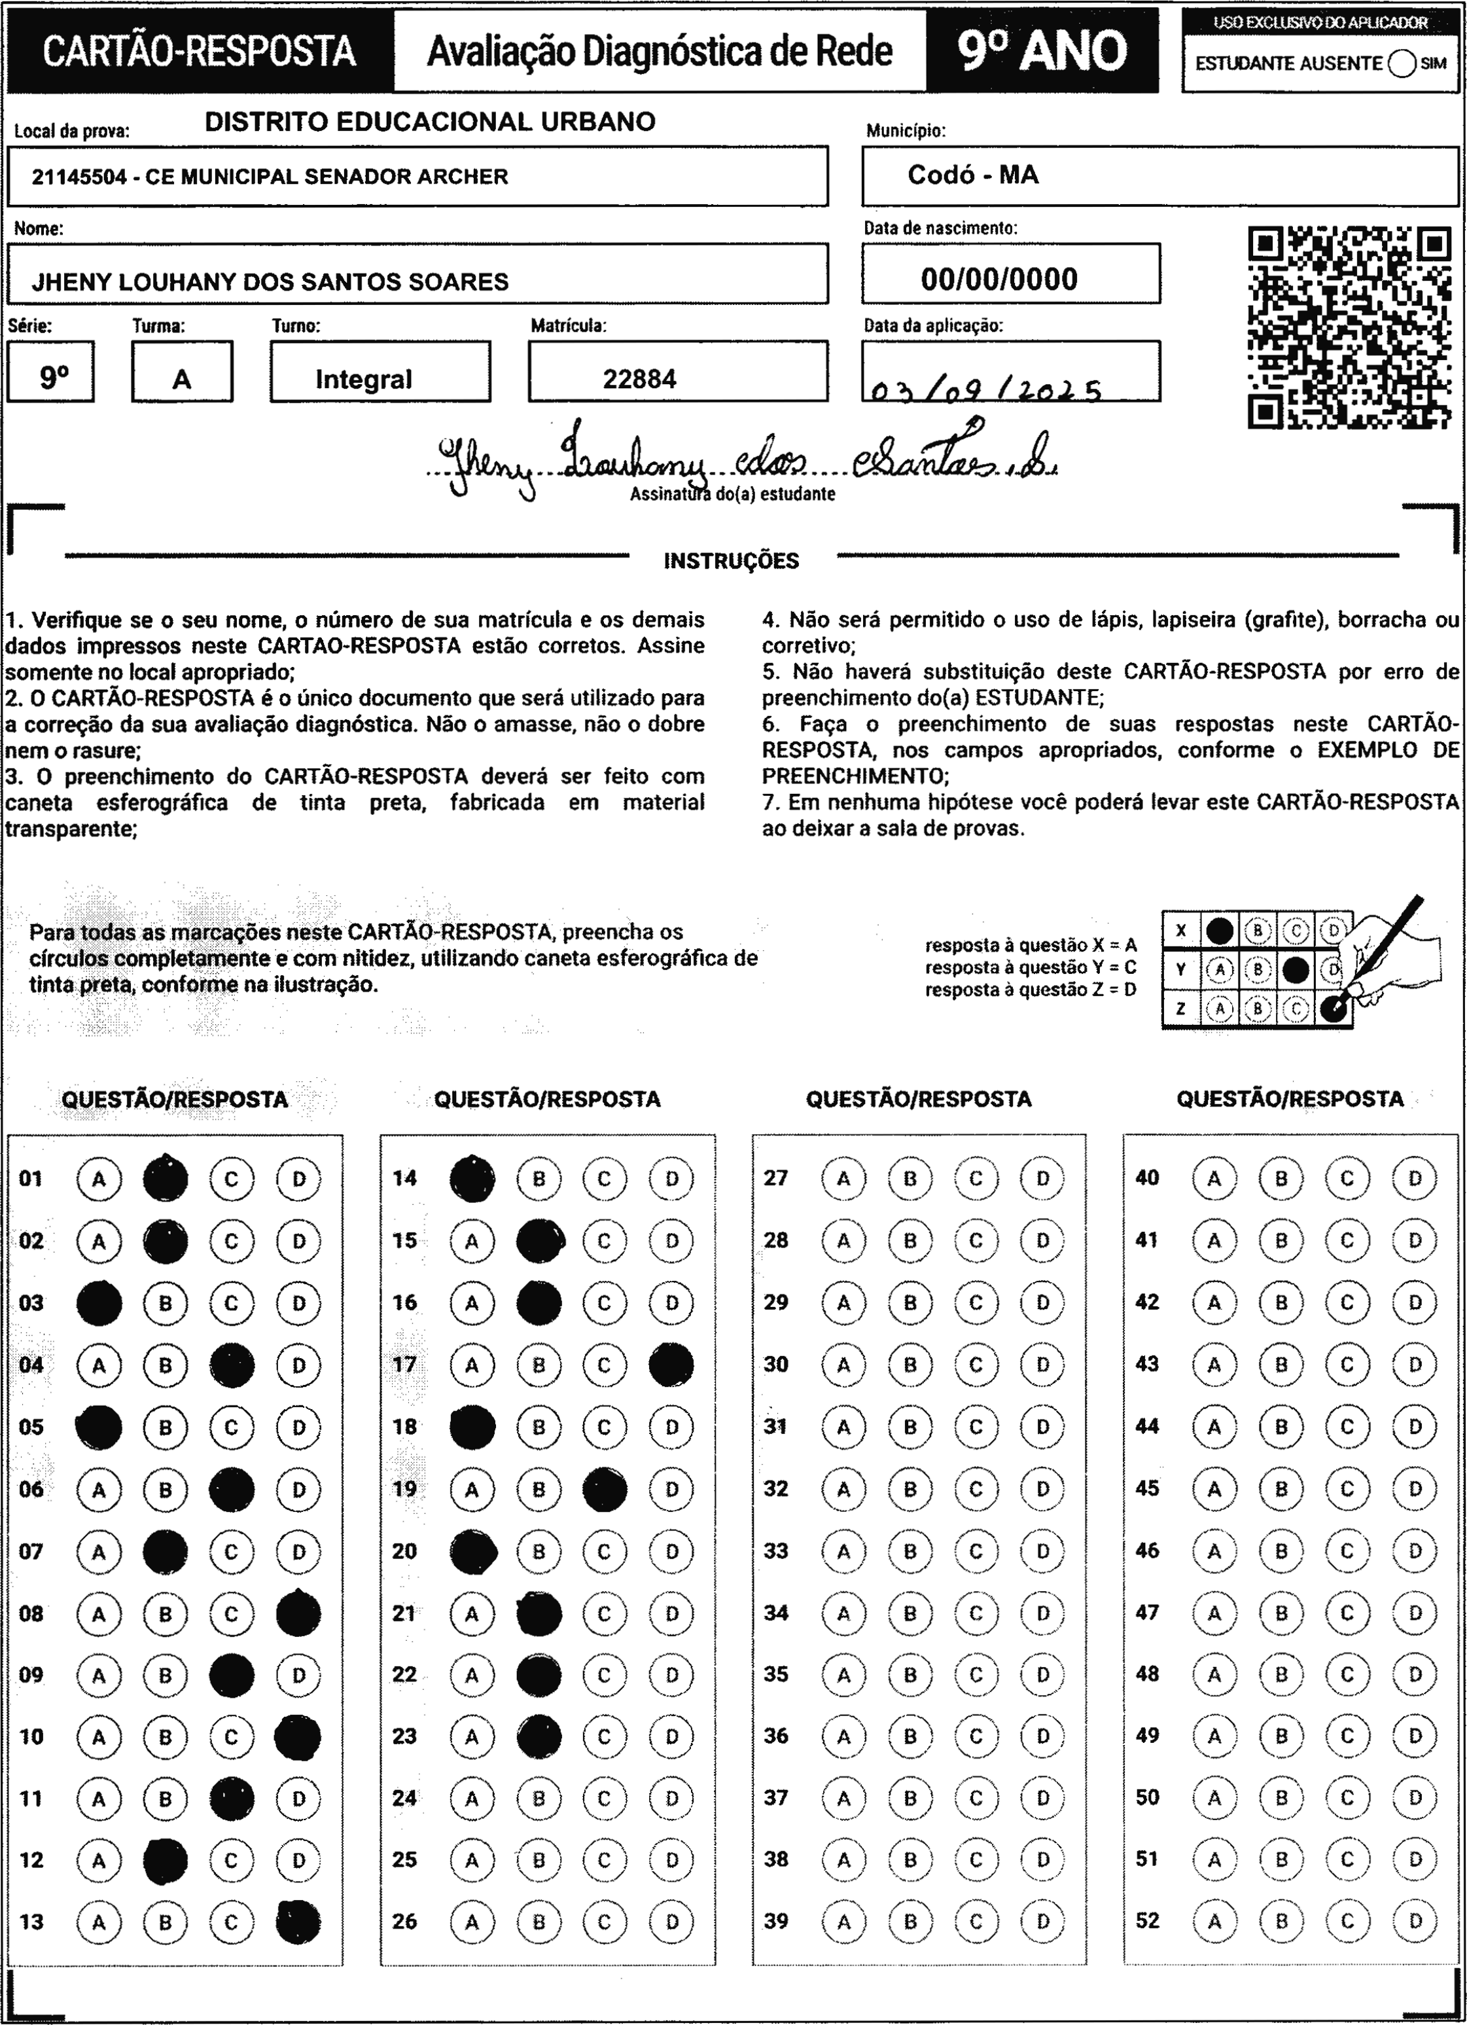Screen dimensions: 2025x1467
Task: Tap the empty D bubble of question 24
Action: click(671, 1797)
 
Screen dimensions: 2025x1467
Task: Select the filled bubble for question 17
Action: click(671, 1365)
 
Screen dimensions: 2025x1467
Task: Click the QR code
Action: click(1349, 328)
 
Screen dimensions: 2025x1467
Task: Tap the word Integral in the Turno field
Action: click(363, 380)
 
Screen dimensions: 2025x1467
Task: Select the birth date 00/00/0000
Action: click(999, 279)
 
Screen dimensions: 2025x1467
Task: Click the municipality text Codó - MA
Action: click(973, 175)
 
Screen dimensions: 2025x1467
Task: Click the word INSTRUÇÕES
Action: click(732, 561)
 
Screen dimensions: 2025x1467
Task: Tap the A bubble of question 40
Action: click(1214, 1179)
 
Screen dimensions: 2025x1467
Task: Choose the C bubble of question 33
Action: click(976, 1551)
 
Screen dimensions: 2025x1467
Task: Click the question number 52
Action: click(1147, 1920)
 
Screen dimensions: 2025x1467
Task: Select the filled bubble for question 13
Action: click(298, 1922)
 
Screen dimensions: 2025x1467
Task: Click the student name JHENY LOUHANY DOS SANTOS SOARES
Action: click(270, 282)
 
